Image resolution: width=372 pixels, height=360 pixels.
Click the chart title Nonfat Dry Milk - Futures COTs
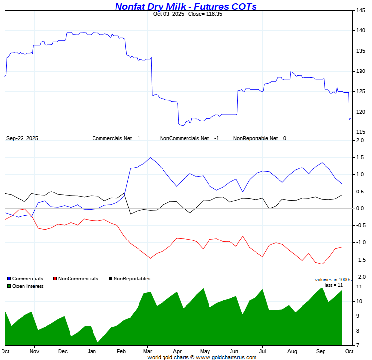click(186, 6)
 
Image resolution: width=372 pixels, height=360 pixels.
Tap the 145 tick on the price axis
click(360, 11)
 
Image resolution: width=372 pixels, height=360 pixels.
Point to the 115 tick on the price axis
click(360, 132)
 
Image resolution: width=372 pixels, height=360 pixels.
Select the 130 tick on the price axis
click(360, 72)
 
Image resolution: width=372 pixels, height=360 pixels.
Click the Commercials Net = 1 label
click(116, 138)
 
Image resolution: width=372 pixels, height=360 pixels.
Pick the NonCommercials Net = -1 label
click(189, 138)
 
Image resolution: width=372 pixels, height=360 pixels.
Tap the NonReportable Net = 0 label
click(259, 138)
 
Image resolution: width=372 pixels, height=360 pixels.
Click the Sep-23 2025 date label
click(22, 138)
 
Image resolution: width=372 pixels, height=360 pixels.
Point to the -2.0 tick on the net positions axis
click(360, 277)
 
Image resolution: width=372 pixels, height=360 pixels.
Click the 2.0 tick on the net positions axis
click(360, 141)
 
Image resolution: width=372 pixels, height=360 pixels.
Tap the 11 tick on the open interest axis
click(359, 287)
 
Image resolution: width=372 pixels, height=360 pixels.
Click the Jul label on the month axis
click(262, 352)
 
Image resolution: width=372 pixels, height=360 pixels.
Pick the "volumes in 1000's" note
click(333, 279)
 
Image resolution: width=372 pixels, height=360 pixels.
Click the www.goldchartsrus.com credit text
click(202, 358)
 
